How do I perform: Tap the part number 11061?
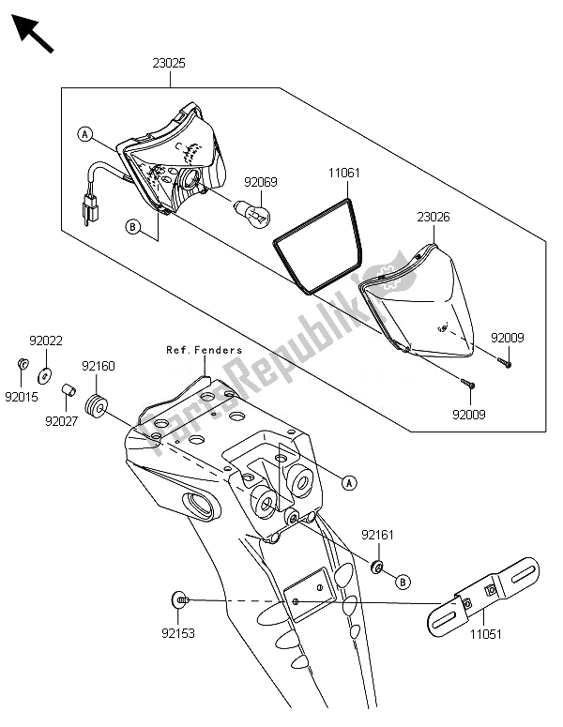point(344,174)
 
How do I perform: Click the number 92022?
point(45,342)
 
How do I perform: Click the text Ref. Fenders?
point(205,351)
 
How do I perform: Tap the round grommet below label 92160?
point(97,405)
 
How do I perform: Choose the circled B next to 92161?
point(403,582)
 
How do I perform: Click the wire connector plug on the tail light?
point(93,209)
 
